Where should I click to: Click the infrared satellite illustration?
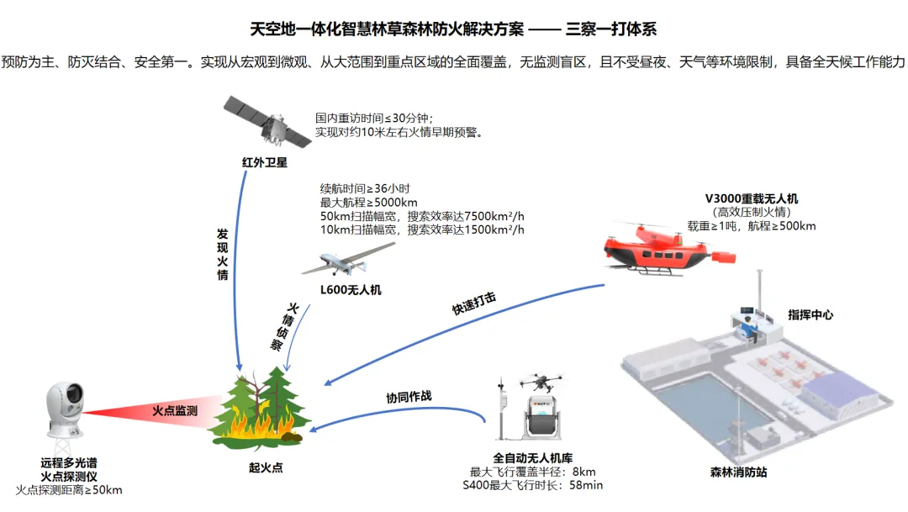coord(267,122)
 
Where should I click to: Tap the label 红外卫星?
coord(265,163)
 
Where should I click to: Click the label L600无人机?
coord(351,290)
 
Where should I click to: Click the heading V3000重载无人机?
coord(752,198)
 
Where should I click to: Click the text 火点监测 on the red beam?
coord(175,410)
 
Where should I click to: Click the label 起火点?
coord(266,467)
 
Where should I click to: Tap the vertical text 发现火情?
coord(222,254)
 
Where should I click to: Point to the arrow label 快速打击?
coord(473,303)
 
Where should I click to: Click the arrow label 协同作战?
coord(409,397)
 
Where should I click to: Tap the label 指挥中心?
coord(810,315)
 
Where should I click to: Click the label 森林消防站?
coord(738,472)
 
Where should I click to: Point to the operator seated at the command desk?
coord(747,330)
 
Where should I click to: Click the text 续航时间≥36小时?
coord(365,189)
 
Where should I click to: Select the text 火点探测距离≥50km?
coord(69,491)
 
